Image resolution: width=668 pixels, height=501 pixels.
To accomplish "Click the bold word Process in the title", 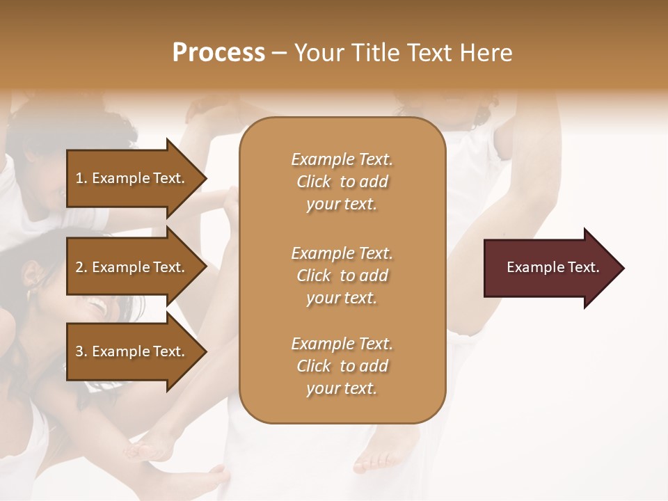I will coord(218,53).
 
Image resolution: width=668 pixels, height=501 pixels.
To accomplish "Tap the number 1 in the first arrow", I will coord(79,178).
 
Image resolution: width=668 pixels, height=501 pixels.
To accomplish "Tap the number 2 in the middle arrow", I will coord(79,267).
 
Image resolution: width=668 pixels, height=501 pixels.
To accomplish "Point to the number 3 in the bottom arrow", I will coord(79,351).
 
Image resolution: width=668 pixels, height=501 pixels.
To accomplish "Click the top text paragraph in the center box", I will coord(342,182).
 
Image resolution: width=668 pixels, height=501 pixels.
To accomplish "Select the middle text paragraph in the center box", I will coord(342,276).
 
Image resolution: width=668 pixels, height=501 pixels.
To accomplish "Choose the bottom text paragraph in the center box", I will coord(342,366).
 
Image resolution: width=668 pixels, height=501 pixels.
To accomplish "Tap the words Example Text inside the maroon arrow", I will coord(553,268).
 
